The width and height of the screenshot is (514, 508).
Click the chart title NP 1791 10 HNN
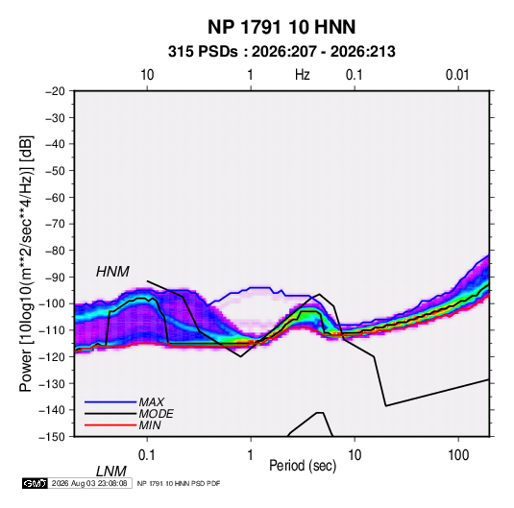coord(281,27)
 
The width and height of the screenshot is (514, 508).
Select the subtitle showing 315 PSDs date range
coord(281,52)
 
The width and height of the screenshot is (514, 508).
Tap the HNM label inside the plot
coord(112,272)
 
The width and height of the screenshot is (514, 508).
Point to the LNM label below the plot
coord(110,472)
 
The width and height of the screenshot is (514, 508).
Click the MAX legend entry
coord(151,401)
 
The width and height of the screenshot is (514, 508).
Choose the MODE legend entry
coord(156,414)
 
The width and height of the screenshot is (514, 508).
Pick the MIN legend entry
coord(150,425)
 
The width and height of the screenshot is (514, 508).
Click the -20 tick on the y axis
coord(55,91)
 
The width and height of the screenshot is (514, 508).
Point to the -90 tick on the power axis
coord(55,277)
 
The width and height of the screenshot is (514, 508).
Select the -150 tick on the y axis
coord(52,437)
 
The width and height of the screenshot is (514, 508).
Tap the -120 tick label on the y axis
coord(52,356)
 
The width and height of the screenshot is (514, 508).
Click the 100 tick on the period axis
coord(458,455)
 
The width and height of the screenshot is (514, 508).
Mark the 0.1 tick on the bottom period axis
coord(147,455)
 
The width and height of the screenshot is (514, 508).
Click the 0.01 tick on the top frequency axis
coord(457,75)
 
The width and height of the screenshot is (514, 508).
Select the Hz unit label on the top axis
coord(303,75)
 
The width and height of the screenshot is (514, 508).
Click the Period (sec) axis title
coord(303,466)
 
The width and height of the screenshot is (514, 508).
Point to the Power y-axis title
coord(26,264)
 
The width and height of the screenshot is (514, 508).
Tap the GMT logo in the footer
coord(36,483)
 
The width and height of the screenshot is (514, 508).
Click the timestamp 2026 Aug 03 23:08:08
coord(89,483)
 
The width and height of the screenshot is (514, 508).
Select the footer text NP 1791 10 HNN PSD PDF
coord(179,483)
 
